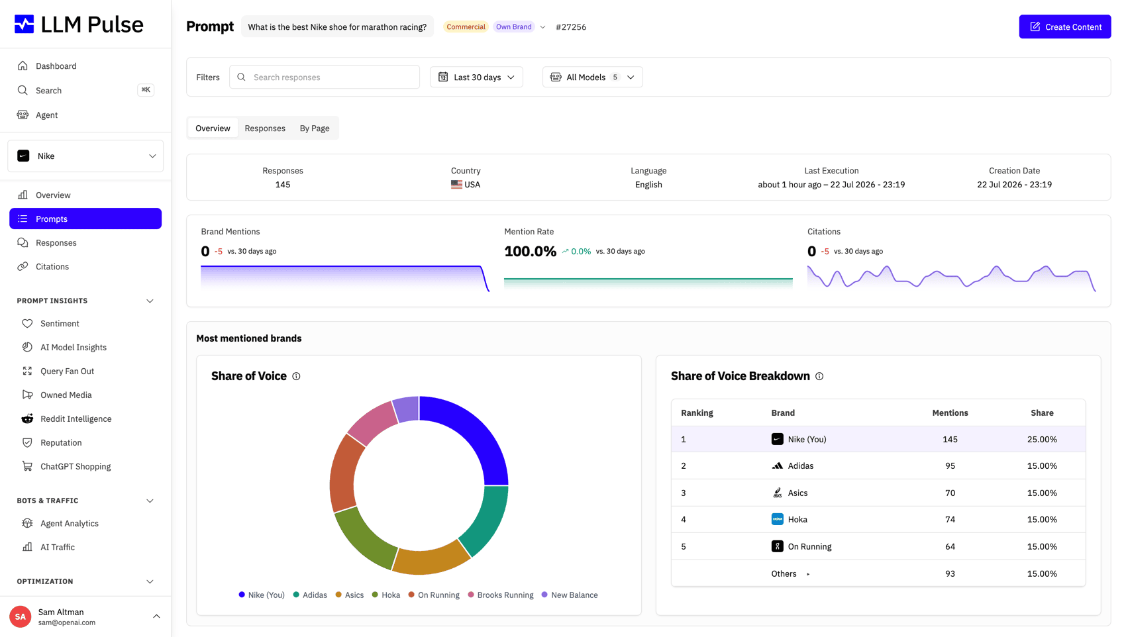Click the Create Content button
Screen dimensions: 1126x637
[1064, 26]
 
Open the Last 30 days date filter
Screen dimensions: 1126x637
[476, 77]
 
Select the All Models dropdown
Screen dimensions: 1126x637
[592, 77]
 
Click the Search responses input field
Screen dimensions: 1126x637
[325, 77]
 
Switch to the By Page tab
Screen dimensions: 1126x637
[315, 128]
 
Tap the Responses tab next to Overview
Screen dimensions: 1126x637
[265, 128]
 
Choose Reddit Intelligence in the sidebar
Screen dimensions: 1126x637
[76, 418]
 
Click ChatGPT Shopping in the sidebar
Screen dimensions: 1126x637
[76, 466]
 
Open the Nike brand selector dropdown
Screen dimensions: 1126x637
[85, 156]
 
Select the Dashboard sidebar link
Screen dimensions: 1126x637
[56, 66]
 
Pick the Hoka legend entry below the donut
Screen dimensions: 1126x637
[386, 595]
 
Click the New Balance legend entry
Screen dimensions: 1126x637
[570, 595]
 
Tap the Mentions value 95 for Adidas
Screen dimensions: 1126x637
[950, 465]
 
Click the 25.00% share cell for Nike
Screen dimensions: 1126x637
[1041, 439]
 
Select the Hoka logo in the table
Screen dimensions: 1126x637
[777, 519]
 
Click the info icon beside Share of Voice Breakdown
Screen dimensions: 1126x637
[819, 376]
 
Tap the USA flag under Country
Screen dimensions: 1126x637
[456, 184]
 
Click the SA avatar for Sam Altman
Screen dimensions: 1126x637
[20, 616]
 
